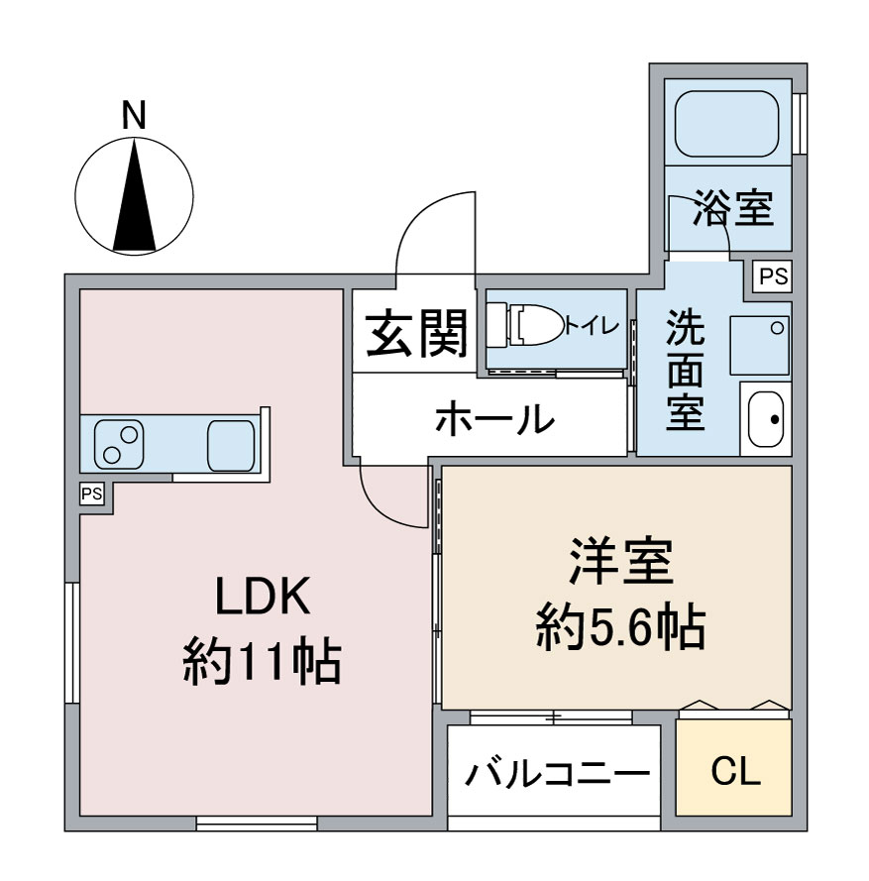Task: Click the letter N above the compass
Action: coord(134,116)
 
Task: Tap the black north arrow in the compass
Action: coord(135,197)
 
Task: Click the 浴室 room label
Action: coord(733,209)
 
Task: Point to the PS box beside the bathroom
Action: coord(774,277)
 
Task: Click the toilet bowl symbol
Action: coord(536,323)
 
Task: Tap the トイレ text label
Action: coord(594,324)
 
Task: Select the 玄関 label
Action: coord(417,333)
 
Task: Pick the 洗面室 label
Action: coord(685,371)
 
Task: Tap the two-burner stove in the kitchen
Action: coord(119,443)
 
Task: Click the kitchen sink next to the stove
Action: coord(230,444)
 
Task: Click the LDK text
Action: coord(263,598)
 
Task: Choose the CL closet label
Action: coord(735,770)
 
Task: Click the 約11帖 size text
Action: coord(263,661)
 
